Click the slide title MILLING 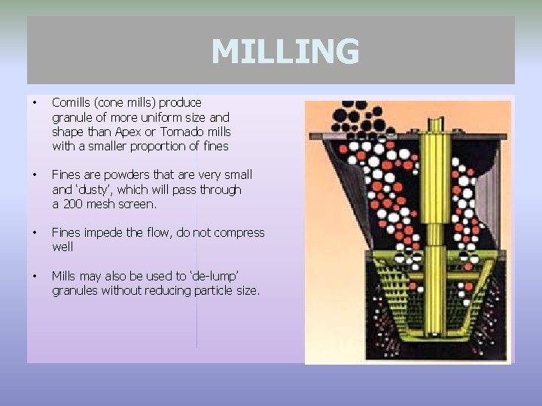pos(285,52)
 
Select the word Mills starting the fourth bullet pos(65,276)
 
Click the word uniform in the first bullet pos(158,117)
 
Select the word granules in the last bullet pos(75,290)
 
